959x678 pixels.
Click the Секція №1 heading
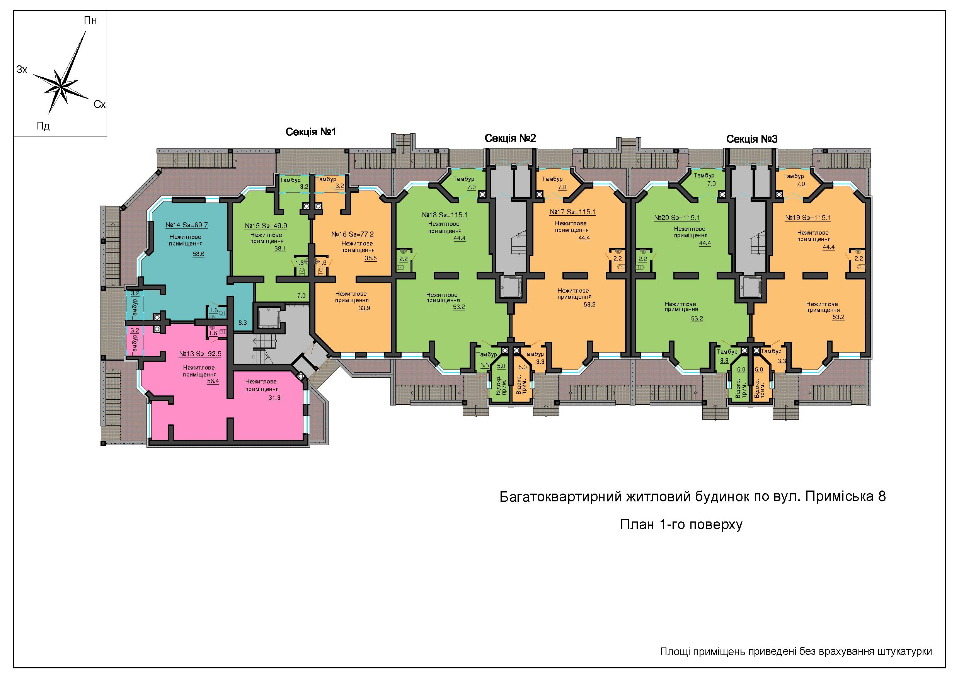click(311, 132)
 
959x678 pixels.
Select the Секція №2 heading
click(510, 138)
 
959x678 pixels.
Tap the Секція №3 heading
click(752, 139)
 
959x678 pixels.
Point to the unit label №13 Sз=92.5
click(200, 354)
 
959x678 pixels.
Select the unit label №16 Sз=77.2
click(353, 234)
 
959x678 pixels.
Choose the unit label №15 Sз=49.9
click(266, 226)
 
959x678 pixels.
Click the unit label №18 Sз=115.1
click(445, 215)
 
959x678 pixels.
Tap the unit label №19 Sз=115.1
click(808, 218)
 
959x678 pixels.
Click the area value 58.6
click(198, 254)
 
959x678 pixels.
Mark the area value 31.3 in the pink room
click(274, 398)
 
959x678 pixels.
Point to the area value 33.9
click(364, 308)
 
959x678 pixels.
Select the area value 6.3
click(243, 322)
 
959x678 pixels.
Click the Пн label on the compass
click(90, 20)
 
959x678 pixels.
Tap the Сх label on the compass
click(99, 104)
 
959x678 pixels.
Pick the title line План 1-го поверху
click(681, 525)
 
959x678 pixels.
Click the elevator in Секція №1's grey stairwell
click(267, 319)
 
